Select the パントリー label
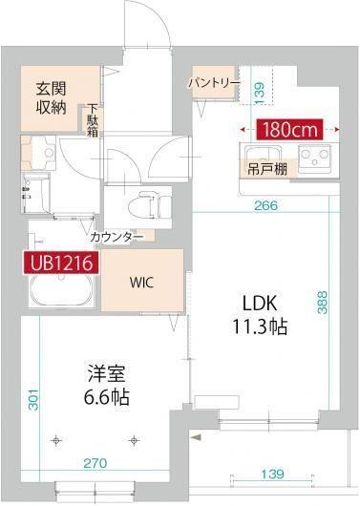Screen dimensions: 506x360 pyautogui.click(x=213, y=83)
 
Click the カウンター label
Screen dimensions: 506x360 pyautogui.click(x=116, y=236)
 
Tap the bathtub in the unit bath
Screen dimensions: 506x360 pyautogui.click(x=60, y=293)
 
